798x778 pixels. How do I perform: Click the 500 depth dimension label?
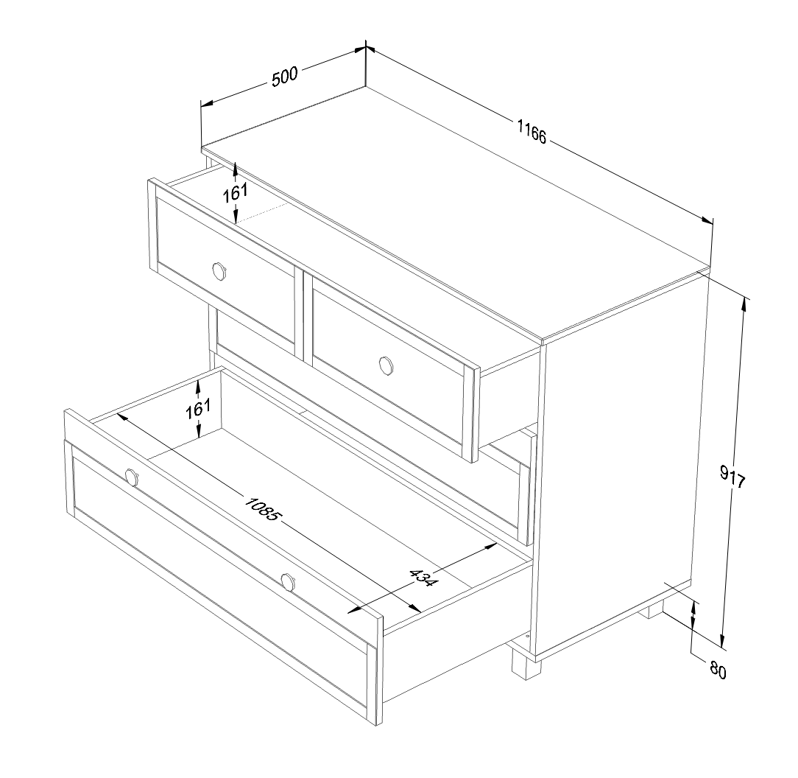click(284, 77)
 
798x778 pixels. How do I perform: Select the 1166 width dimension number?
click(532, 131)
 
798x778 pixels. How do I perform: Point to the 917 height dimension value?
click(733, 477)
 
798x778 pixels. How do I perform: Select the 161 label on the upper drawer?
click(235, 192)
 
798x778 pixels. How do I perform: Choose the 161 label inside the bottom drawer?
click(198, 409)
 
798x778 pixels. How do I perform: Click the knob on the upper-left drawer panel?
click(219, 270)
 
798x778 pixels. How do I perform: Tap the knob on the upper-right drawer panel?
click(386, 366)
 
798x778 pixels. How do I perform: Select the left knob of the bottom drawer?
click(131, 477)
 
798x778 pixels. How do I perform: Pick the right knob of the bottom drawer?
click(288, 582)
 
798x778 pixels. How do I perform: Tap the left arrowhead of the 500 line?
click(207, 103)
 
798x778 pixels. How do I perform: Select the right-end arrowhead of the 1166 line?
click(707, 220)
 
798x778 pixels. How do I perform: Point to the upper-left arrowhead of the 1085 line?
click(122, 417)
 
